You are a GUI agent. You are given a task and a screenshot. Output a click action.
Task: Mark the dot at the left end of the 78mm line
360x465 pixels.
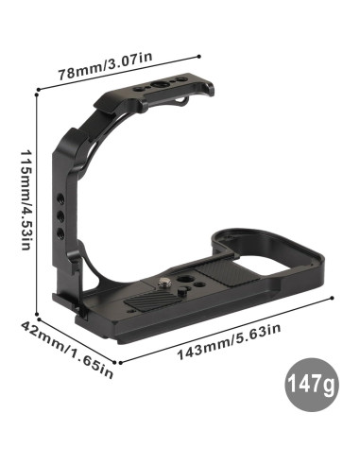pos(37,92)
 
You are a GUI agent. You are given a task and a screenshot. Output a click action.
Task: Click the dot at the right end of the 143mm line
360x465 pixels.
pos(333,300)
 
